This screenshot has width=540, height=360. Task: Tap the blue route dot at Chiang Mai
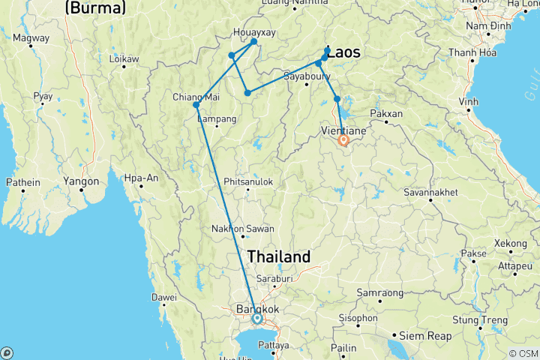pyautogui.click(x=196, y=105)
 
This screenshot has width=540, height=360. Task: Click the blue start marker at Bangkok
pyautogui.click(x=257, y=319)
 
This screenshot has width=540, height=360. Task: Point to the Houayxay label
pyautogui.click(x=254, y=33)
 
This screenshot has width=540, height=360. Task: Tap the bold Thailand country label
pyautogui.click(x=280, y=256)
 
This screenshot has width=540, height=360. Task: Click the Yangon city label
pyautogui.click(x=82, y=181)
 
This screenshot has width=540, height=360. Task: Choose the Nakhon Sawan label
pyautogui.click(x=242, y=229)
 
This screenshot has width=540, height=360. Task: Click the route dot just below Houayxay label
pyautogui.click(x=254, y=42)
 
